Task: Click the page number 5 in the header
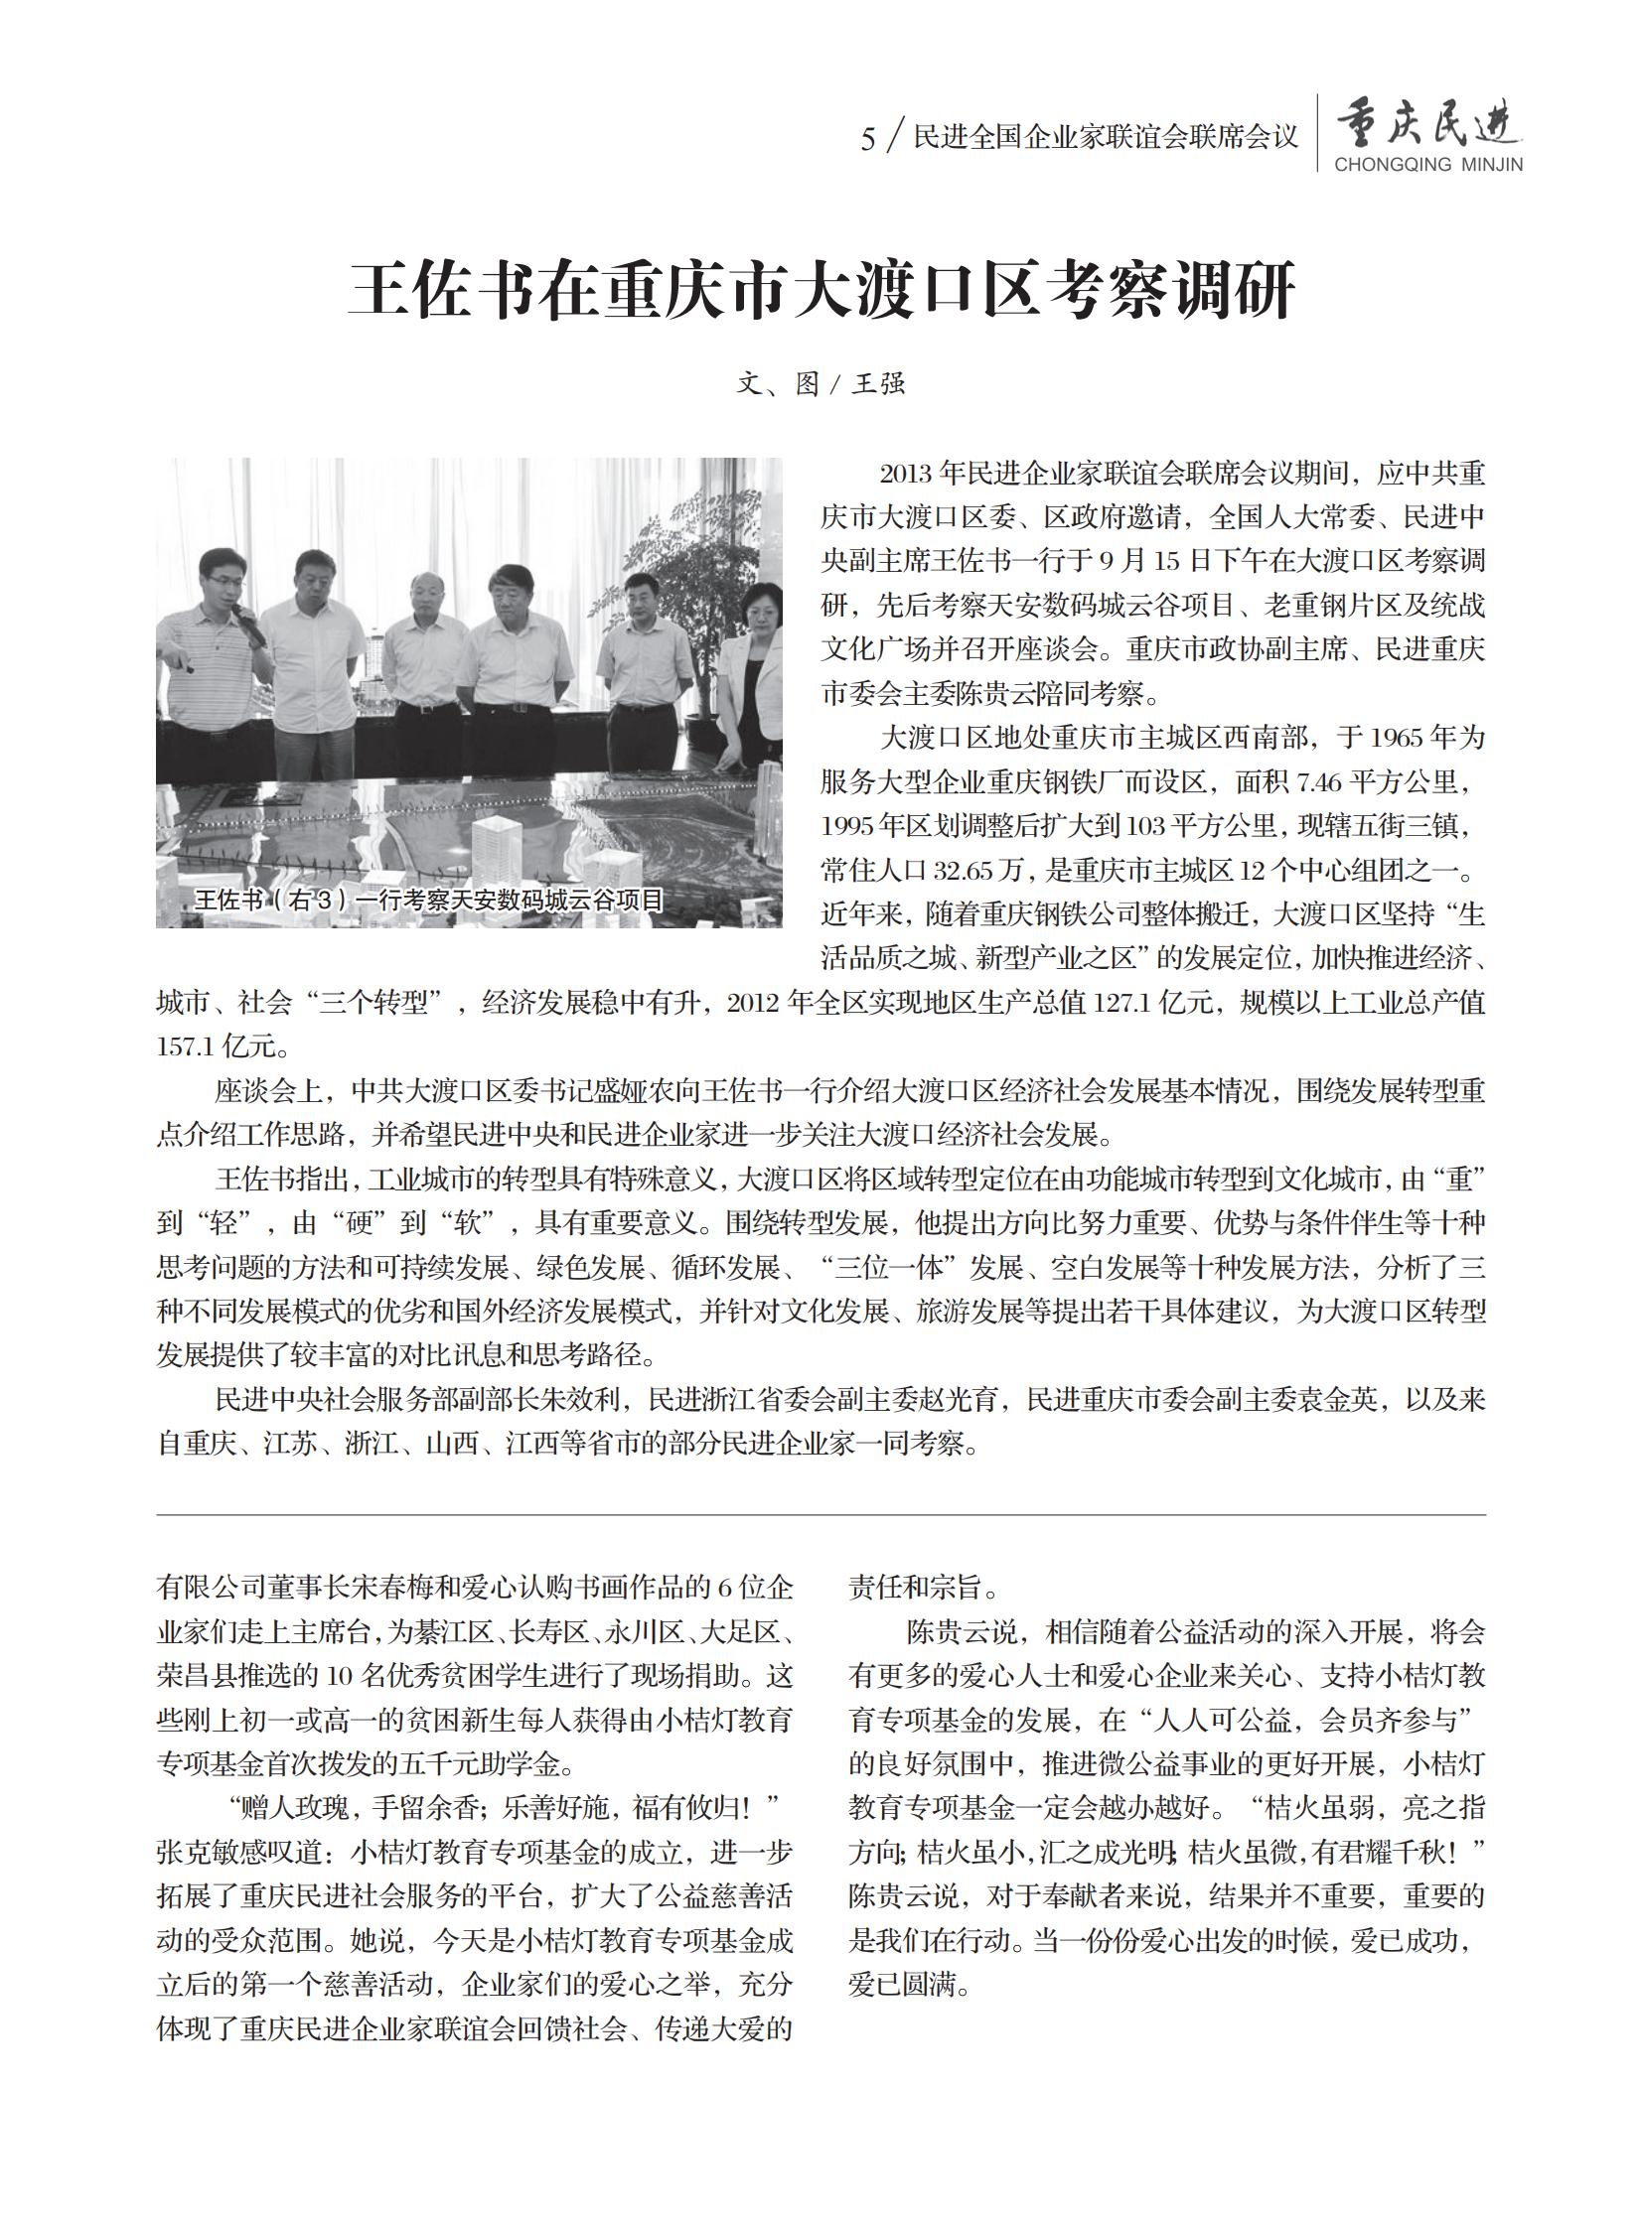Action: (x=867, y=140)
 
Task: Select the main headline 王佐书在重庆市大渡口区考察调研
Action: (x=821, y=290)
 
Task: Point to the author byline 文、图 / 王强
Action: (x=821, y=384)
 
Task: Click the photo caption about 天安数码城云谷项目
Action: (x=428, y=901)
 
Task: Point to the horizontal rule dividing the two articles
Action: (x=821, y=1515)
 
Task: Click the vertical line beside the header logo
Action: (x=1318, y=133)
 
